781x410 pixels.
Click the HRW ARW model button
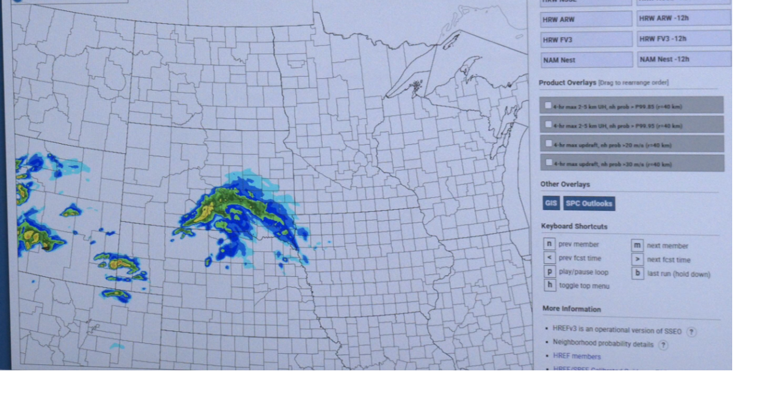tap(586, 20)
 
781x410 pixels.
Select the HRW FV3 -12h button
tap(683, 39)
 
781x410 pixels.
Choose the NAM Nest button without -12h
tap(586, 60)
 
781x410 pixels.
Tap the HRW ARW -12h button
tap(683, 18)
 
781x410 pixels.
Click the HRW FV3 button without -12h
tap(586, 40)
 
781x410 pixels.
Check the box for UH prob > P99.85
tap(548, 106)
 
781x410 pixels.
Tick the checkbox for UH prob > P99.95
tap(548, 124)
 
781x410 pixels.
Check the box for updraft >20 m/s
tap(549, 144)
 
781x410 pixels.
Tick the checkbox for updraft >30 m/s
tap(549, 163)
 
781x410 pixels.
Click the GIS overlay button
tap(551, 203)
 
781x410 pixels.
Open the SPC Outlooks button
tap(589, 204)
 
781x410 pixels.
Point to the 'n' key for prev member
tap(549, 244)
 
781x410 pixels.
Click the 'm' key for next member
tap(637, 245)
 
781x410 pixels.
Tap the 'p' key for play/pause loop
tap(550, 272)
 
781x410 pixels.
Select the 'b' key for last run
tap(638, 273)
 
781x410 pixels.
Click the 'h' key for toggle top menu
tap(550, 285)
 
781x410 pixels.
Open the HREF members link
tap(577, 356)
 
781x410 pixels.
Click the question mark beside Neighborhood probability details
tap(663, 345)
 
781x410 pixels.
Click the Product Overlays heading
tap(567, 83)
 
